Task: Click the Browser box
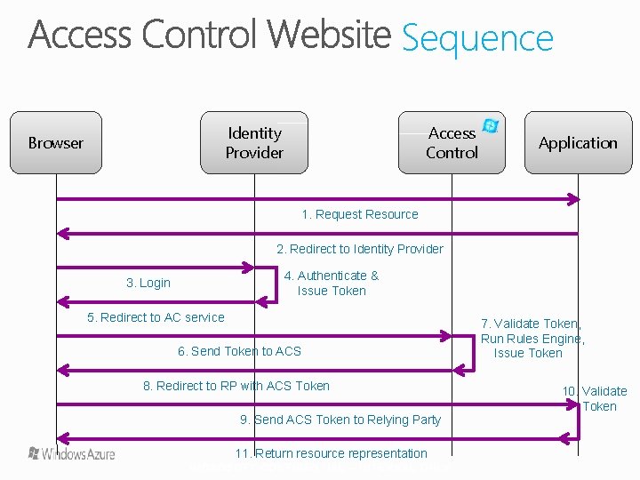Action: click(x=55, y=142)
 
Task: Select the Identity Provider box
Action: click(x=254, y=142)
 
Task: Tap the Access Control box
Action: click(x=452, y=142)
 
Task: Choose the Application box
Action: click(x=578, y=142)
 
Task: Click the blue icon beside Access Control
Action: click(x=490, y=126)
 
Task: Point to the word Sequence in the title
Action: click(x=477, y=38)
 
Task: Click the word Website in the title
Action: click(x=330, y=36)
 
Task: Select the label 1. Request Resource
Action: click(x=359, y=214)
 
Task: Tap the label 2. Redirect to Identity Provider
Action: click(x=359, y=249)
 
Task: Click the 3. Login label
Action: click(x=148, y=283)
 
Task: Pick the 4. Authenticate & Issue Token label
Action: click(x=332, y=283)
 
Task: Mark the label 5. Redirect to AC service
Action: click(x=156, y=317)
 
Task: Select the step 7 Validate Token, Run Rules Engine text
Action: click(x=532, y=338)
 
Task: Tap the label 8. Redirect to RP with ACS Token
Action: click(x=236, y=386)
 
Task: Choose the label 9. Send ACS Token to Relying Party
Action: click(x=340, y=420)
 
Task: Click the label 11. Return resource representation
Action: click(x=331, y=453)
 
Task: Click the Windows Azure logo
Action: click(x=72, y=453)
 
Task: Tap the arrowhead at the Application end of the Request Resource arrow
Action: click(x=574, y=199)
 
